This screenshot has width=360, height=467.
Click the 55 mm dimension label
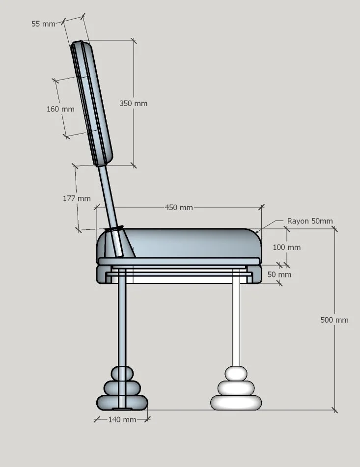[43, 24]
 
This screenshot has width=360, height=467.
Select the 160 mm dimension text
[60, 109]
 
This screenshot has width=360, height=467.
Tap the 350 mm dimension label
[133, 104]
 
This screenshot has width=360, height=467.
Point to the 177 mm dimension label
[77, 198]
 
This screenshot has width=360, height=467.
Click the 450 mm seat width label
[179, 208]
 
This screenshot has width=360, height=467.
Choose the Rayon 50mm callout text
[309, 221]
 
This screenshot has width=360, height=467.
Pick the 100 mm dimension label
[286, 247]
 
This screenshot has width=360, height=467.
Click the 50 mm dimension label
[279, 275]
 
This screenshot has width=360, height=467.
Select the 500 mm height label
[334, 320]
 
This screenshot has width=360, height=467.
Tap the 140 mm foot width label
[122, 420]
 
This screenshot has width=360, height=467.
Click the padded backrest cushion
[92, 103]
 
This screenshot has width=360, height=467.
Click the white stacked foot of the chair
[236, 390]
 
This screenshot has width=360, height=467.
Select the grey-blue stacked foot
[122, 390]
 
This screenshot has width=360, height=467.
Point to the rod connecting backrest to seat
[108, 196]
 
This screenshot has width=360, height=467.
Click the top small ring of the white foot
[236, 374]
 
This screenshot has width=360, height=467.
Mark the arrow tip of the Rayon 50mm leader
[256, 231]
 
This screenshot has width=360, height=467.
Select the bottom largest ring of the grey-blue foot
[122, 403]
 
